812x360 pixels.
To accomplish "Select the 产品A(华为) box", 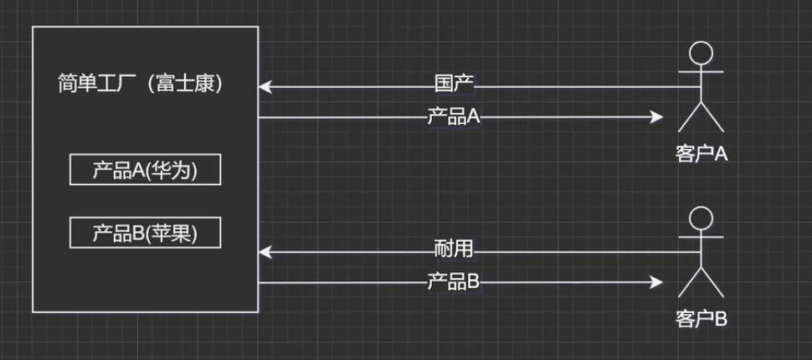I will tap(145, 171).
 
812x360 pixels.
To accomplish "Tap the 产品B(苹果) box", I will tap(145, 234).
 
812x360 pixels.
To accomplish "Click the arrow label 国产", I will tap(454, 85).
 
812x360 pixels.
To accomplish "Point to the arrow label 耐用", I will tap(454, 249).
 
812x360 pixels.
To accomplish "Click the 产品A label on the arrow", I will tap(454, 117).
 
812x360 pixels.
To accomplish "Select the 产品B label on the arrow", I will tap(454, 282).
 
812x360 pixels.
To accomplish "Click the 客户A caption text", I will tap(701, 155).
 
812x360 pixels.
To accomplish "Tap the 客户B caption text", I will tap(701, 319).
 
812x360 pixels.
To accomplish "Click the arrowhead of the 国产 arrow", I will tap(265, 86).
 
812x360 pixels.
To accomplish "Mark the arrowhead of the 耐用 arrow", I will tap(265, 250).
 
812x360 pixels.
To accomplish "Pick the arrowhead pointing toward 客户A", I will tap(657, 117).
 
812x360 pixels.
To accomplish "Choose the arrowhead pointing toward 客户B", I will tap(657, 282).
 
